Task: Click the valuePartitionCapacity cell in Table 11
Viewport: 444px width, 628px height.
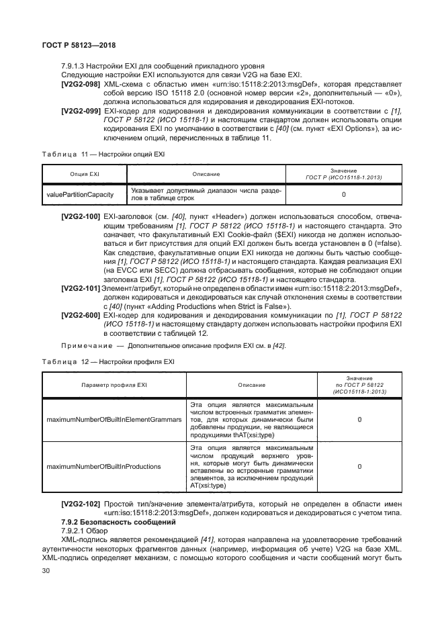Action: pos(80,194)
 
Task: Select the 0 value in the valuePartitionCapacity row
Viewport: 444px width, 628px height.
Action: pos(343,194)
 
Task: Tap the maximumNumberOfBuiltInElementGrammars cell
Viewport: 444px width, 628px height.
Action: pos(113,419)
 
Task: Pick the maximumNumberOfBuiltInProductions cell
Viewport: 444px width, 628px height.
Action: pos(103,465)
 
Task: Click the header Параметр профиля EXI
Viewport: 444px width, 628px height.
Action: pos(112,385)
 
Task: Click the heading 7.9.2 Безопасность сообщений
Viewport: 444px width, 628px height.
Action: pos(118,521)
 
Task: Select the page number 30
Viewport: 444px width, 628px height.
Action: pos(46,571)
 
